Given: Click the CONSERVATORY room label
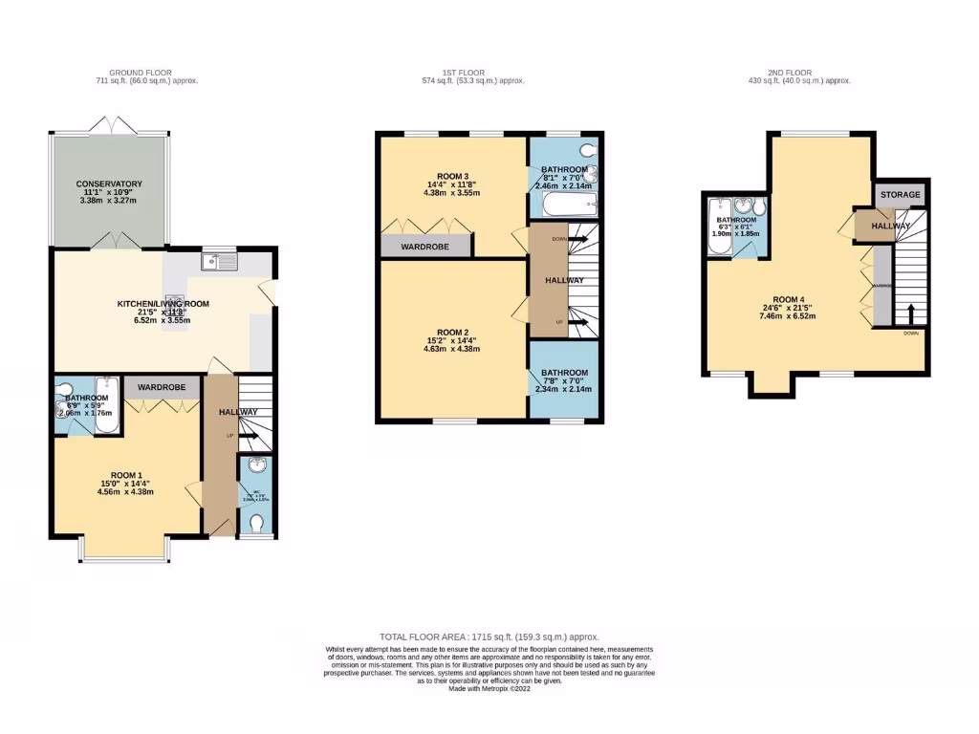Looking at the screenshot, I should tap(110, 183).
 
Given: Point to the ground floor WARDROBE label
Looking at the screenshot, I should tap(162, 387).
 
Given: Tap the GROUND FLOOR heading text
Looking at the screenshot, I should tap(140, 73).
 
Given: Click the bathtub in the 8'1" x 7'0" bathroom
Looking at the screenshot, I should tap(566, 204).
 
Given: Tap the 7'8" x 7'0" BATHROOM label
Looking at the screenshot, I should tap(565, 373).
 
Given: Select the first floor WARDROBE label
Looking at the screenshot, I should tap(425, 245).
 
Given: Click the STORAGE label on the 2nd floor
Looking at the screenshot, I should tap(902, 195).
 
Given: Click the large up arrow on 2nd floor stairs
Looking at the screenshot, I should tap(910, 314).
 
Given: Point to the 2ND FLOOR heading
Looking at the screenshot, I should tap(788, 73).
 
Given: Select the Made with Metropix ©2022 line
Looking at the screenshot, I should tap(489, 688).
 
